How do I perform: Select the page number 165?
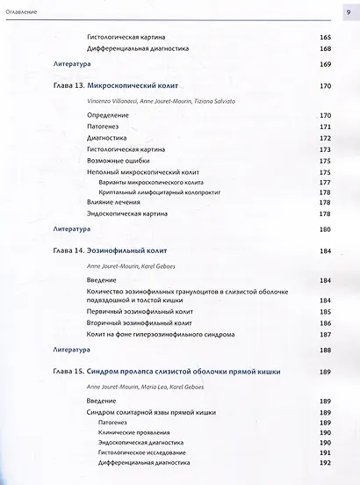coord(324,39)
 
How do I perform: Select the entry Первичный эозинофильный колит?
coord(142,312)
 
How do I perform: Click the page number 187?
coord(324,335)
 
